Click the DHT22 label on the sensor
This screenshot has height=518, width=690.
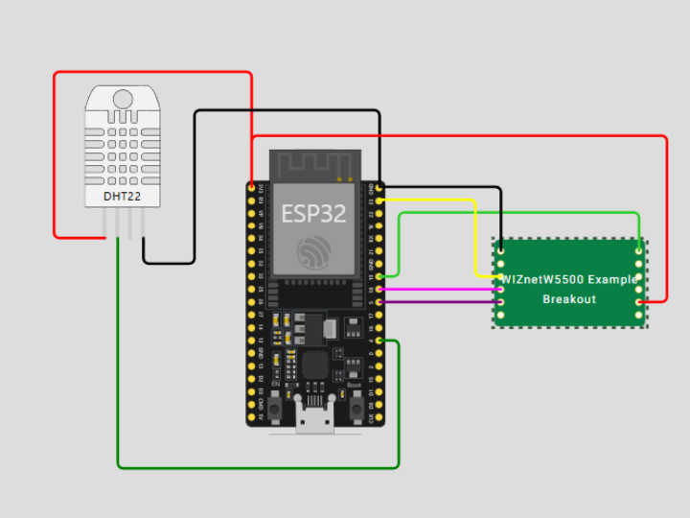click(122, 197)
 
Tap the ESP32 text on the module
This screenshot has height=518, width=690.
click(313, 213)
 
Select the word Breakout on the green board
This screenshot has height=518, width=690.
click(569, 299)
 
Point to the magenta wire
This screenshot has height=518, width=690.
click(441, 289)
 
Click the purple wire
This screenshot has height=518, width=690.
click(441, 302)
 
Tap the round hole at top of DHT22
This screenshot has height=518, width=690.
click(123, 99)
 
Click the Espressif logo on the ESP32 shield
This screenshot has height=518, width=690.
click(313, 252)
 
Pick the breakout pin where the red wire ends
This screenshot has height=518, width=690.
click(639, 301)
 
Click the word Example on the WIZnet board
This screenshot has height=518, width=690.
click(612, 279)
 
